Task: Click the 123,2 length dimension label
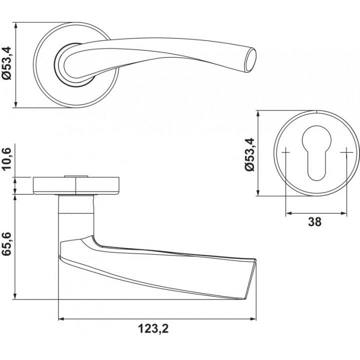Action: [153, 329]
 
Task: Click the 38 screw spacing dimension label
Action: [315, 222]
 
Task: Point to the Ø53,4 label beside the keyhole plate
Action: [249, 154]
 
